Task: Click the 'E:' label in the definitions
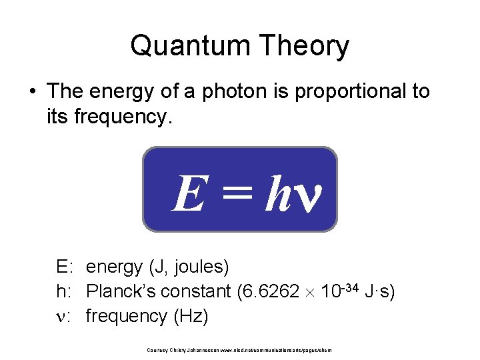[x=65, y=267]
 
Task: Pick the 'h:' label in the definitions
[x=65, y=291]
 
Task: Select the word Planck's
[x=123, y=291]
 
